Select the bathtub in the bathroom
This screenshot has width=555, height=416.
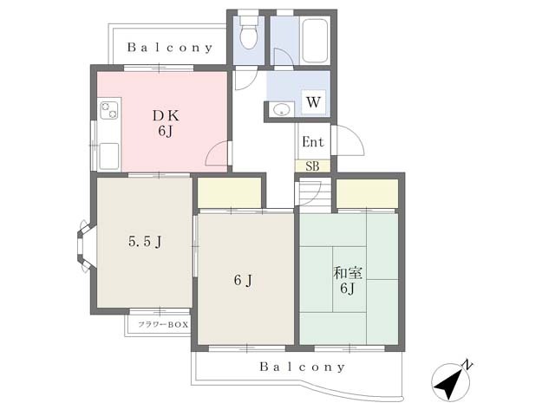click(x=314, y=41)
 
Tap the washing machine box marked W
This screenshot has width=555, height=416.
click(x=313, y=102)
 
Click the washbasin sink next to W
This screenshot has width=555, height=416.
click(x=281, y=109)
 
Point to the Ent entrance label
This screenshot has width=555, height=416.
click(x=313, y=142)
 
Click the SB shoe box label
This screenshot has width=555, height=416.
click(x=312, y=166)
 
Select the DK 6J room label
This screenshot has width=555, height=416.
click(x=166, y=123)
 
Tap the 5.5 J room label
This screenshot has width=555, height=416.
click(x=145, y=242)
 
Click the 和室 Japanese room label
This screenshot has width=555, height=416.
click(x=348, y=273)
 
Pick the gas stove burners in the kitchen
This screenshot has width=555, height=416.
click(x=109, y=110)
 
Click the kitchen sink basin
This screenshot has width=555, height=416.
click(x=108, y=156)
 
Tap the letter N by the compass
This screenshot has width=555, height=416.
click(x=468, y=365)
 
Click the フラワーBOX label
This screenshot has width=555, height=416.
click(x=163, y=324)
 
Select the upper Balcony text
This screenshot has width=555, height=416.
click(x=170, y=48)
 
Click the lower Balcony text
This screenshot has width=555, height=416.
click(x=302, y=367)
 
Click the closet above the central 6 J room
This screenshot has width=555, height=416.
click(x=229, y=192)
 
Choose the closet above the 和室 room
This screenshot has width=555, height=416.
click(x=367, y=193)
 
